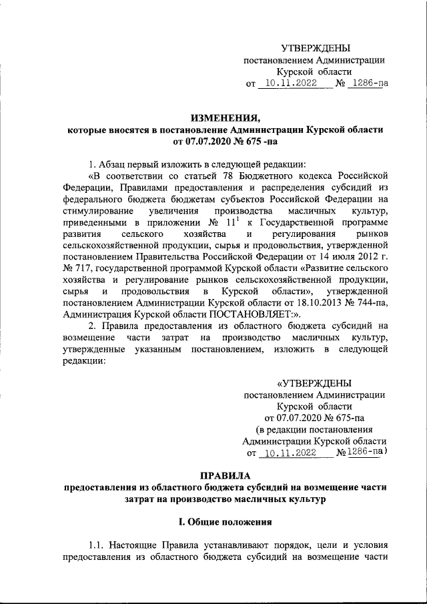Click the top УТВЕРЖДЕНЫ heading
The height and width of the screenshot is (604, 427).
315,47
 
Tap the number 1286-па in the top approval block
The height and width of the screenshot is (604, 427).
370,85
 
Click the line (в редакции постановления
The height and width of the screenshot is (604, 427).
315,429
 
